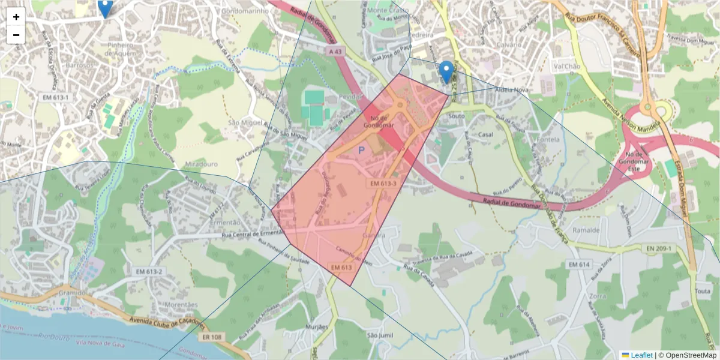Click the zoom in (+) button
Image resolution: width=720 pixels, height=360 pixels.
tap(16, 17)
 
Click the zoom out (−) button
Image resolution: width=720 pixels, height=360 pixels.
tap(16, 35)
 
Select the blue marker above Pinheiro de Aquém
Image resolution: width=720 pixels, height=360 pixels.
tap(105, 8)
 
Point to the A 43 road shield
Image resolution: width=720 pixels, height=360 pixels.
tap(337, 52)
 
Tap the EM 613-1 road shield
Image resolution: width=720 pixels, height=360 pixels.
tap(56, 97)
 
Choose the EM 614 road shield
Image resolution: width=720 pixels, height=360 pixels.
tap(580, 264)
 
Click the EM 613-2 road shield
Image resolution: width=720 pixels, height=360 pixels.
tap(149, 272)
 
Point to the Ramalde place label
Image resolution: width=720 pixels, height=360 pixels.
tap(586, 230)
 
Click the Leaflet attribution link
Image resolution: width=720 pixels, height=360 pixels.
tap(641, 355)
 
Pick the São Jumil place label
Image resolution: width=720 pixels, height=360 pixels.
tap(379, 335)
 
